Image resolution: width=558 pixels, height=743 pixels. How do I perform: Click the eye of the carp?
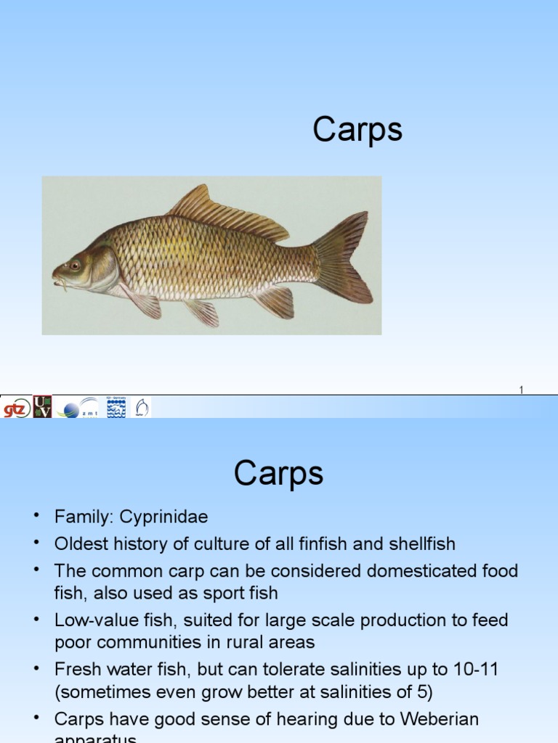pyautogui.click(x=74, y=265)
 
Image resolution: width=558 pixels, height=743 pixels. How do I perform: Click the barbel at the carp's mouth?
pyautogui.click(x=63, y=284)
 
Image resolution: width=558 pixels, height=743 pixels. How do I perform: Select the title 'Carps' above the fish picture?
pyautogui.click(x=357, y=131)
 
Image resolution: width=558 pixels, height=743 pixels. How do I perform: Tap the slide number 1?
pyautogui.click(x=521, y=390)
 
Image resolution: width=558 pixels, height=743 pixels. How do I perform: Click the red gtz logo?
pyautogui.click(x=15, y=407)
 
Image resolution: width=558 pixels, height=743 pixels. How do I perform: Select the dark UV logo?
pyautogui.click(x=43, y=406)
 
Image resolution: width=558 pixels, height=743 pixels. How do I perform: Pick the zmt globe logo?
pyautogui.click(x=78, y=408)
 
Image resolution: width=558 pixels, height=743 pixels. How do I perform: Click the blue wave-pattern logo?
pyautogui.click(x=116, y=408)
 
